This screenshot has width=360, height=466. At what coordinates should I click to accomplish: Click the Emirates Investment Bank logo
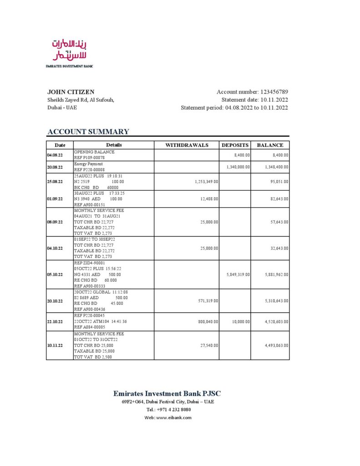(69, 52)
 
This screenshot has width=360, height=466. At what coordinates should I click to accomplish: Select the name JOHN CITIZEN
(71, 92)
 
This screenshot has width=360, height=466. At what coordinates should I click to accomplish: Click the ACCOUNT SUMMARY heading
(88, 132)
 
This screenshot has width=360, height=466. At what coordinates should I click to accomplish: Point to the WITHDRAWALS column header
(187, 145)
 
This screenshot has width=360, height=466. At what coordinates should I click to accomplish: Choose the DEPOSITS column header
(235, 145)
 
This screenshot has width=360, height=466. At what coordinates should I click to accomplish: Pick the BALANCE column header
(270, 145)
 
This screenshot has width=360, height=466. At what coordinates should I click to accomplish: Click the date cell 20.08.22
(55, 167)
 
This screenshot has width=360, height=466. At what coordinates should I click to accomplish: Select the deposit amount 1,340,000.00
(238, 167)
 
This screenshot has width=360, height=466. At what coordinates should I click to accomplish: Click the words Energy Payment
(88, 164)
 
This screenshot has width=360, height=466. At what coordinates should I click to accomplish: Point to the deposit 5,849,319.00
(238, 274)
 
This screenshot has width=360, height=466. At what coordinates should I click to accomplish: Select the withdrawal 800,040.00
(206, 322)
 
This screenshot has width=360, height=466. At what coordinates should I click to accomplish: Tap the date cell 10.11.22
(55, 345)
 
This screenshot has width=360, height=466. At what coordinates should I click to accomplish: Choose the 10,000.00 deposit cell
(241, 322)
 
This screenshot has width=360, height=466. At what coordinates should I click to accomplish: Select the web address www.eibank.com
(174, 417)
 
